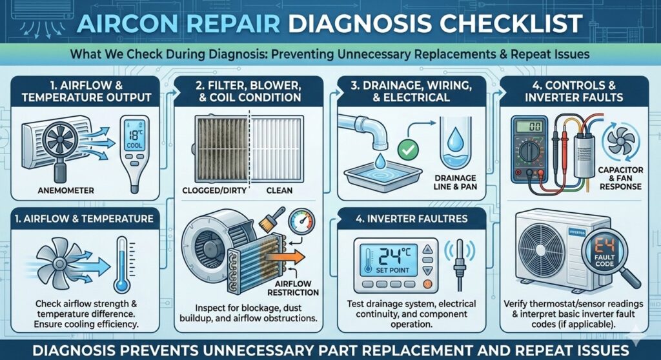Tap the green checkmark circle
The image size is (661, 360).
coord(408,149)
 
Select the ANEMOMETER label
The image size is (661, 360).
coord(66,190)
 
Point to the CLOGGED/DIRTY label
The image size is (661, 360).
coord(214,190)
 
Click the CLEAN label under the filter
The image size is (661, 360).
coord(279,190)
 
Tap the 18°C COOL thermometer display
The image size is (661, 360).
coord(134,135)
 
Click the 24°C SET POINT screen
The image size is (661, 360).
coord(392,259)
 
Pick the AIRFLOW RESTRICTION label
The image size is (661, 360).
coord(293,288)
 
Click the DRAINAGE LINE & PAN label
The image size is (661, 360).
coord(455,182)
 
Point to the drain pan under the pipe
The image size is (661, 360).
coord(383,174)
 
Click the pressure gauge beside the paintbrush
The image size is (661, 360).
coord(301,222)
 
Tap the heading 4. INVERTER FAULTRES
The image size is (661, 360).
coord(411,219)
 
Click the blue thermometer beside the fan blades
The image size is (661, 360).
coord(122,265)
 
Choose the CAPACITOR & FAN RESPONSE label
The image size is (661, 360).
coord(620,178)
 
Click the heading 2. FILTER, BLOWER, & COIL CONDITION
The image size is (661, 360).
coord(249,92)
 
